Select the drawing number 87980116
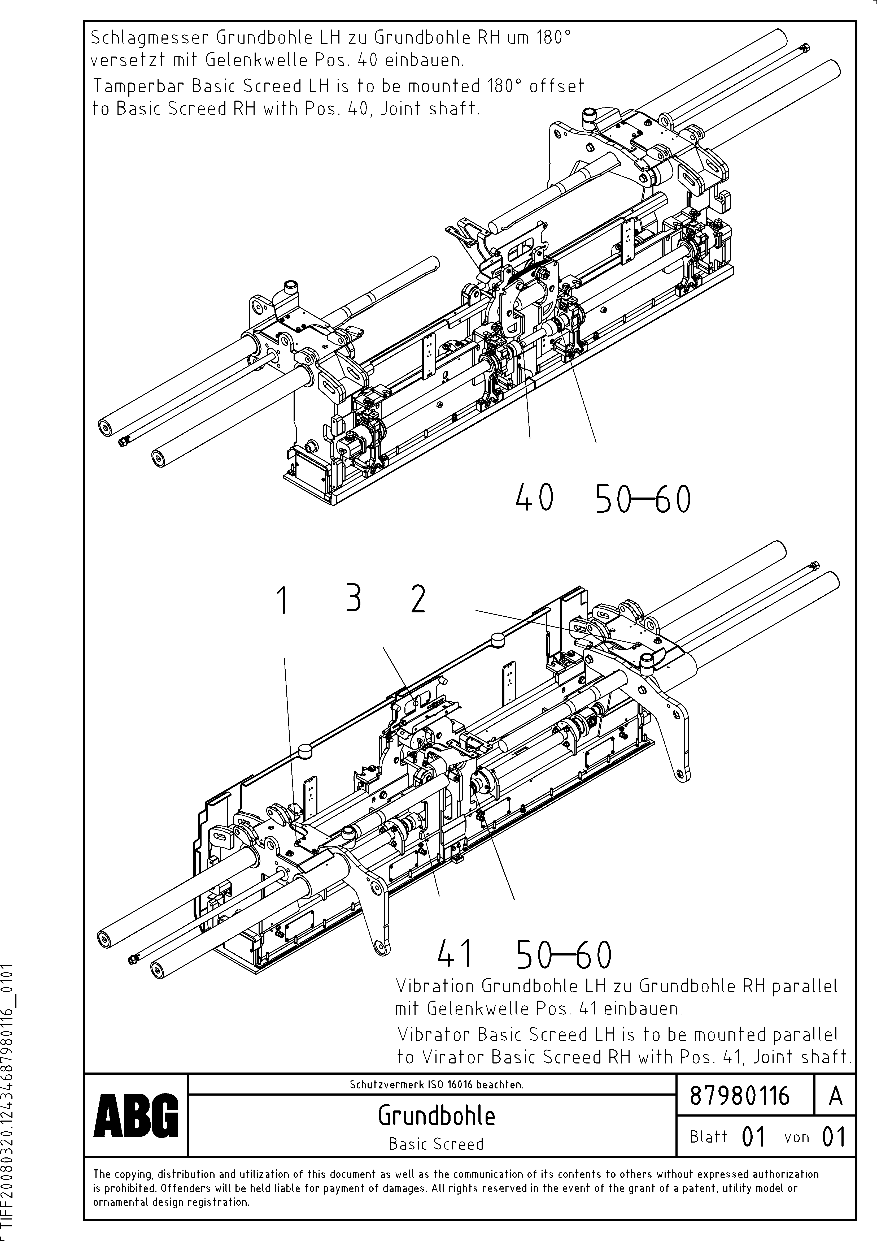click(x=740, y=1096)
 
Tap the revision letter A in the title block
click(x=835, y=1096)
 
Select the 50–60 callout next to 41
click(x=564, y=955)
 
